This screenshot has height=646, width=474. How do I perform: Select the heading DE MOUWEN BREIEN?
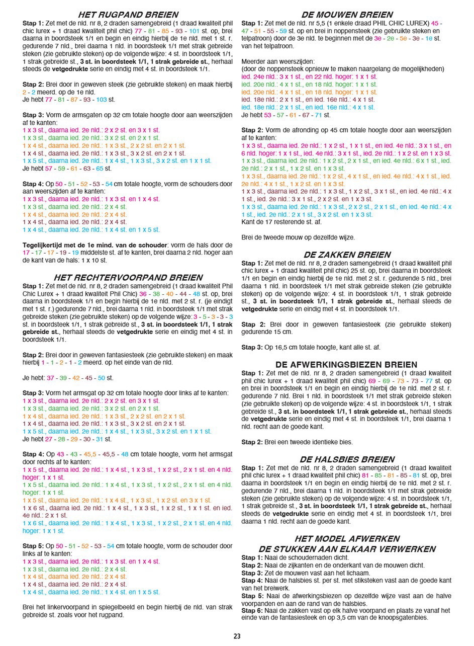tap(347, 15)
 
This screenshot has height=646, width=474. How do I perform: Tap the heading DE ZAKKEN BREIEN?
tap(346, 255)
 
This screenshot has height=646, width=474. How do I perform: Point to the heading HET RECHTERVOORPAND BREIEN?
tap(128, 277)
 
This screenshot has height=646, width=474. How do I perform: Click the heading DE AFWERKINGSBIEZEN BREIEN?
tap(346, 364)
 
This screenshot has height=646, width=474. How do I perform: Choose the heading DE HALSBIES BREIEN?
tap(346, 459)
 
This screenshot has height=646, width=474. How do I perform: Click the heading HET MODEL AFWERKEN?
tap(347, 539)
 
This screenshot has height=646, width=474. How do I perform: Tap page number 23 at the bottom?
tap(237, 636)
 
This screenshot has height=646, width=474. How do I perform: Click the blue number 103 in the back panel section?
tap(102, 100)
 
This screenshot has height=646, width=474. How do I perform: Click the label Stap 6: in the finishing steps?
tap(252, 610)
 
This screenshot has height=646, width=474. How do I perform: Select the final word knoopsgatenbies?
tap(402, 618)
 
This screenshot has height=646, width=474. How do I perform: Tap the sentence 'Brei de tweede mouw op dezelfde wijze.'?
tap(298, 237)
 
